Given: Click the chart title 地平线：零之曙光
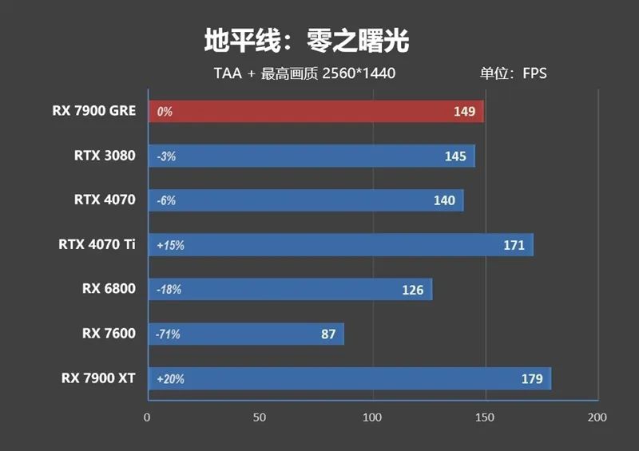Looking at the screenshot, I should pyautogui.click(x=307, y=39).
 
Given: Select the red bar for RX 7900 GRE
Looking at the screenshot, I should pyautogui.click(x=316, y=112).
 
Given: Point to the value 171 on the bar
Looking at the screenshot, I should pyautogui.click(x=514, y=245).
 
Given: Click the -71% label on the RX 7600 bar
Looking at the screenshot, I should pyautogui.click(x=168, y=334).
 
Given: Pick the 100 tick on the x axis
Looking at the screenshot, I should pyautogui.click(x=372, y=417).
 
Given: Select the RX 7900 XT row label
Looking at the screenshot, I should pyautogui.click(x=98, y=378).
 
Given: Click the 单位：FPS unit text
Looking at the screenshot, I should pyautogui.click(x=513, y=73).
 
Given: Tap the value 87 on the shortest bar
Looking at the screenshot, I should pyautogui.click(x=328, y=334).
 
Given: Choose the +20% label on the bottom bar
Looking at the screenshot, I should pyautogui.click(x=170, y=379).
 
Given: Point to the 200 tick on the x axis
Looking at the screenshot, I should pyautogui.click(x=597, y=417).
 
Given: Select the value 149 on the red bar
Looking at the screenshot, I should pyautogui.click(x=464, y=112).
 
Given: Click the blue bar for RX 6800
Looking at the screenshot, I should pyautogui.click(x=288, y=290).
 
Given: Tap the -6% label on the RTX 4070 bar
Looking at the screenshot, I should pyautogui.click(x=166, y=201).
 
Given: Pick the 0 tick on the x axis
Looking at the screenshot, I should pyautogui.click(x=147, y=417).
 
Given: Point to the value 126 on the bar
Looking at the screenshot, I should pyautogui.click(x=412, y=290).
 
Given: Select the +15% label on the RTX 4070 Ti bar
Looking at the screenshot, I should pyautogui.click(x=170, y=246).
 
